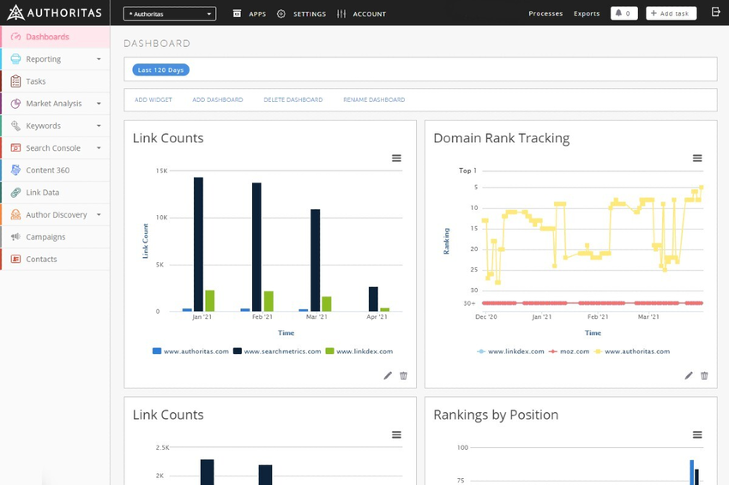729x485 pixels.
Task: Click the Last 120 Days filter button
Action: pos(160,69)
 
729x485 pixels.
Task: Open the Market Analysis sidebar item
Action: pos(54,104)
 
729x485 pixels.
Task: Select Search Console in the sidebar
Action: pos(53,148)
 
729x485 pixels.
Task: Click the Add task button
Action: pos(671,14)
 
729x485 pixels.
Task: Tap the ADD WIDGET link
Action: pos(154,100)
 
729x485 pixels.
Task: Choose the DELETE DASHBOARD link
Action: pos(292,100)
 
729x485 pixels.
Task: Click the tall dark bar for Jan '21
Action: pos(198,244)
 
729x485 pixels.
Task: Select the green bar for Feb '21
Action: pos(268,301)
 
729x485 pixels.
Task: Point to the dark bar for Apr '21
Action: pos(373,299)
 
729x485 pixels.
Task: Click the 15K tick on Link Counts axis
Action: pos(161,171)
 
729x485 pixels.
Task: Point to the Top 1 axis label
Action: pos(467,171)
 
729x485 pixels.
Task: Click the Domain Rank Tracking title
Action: pos(501,138)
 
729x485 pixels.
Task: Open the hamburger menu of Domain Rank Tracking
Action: pos(697,159)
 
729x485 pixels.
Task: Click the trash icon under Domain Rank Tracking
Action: pos(704,375)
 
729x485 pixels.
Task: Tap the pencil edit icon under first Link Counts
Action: pos(388,375)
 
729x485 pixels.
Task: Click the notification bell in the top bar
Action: pos(624,14)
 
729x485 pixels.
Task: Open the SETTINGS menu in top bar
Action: pos(301,14)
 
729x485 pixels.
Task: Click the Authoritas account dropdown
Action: pos(170,14)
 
